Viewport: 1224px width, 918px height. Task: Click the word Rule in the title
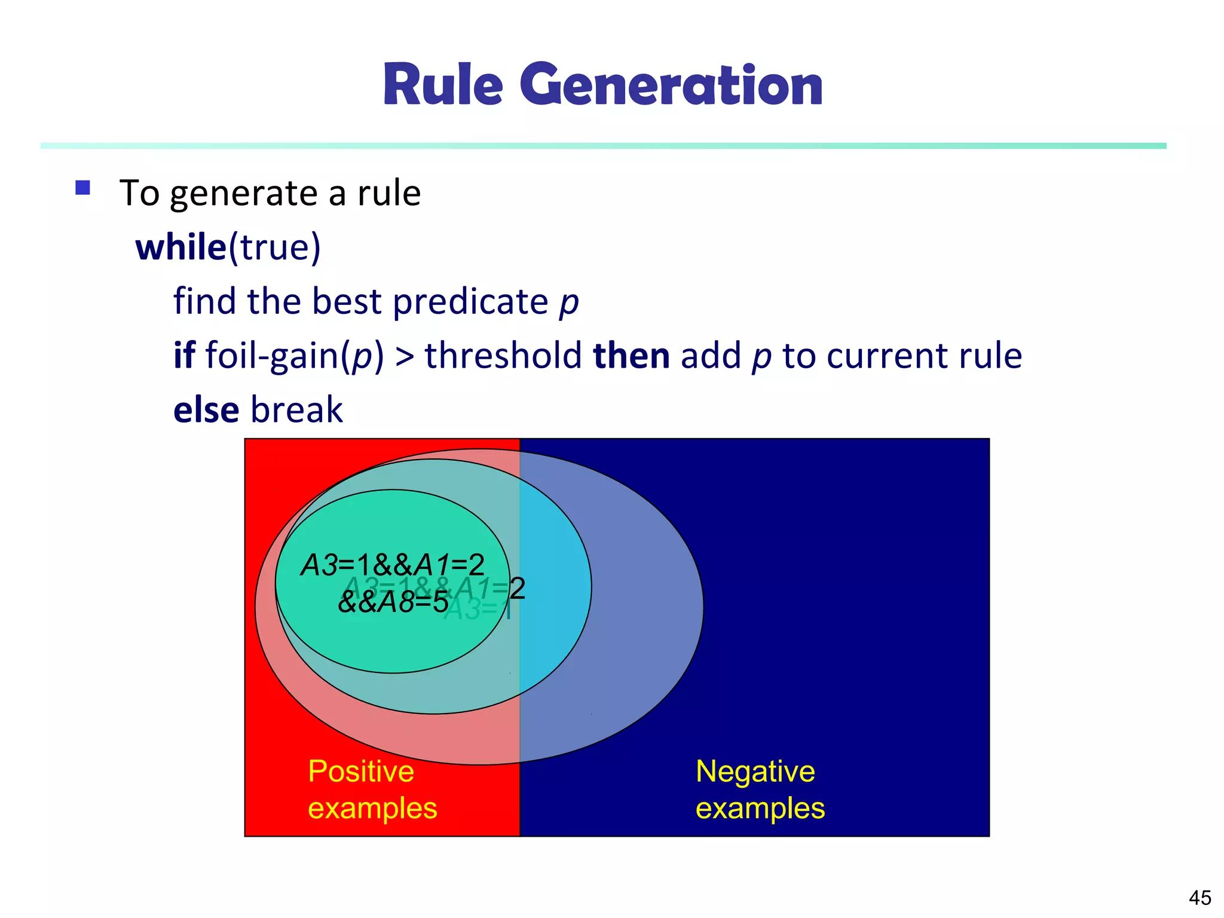tap(443, 85)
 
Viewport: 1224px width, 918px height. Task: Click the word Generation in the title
tap(671, 85)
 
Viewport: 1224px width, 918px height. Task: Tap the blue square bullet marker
tap(82, 188)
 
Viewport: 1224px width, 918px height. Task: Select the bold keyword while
tap(180, 247)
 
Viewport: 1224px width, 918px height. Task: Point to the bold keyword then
tap(631, 356)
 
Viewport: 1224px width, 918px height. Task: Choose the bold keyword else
tap(206, 410)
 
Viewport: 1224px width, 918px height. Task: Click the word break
tap(296, 410)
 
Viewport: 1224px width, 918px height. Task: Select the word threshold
tap(503, 356)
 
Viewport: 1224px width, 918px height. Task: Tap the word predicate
tap(470, 301)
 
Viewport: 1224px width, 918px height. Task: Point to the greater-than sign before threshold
tap(405, 357)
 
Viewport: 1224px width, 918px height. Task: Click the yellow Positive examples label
tap(372, 789)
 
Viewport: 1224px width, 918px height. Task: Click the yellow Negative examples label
tap(760, 789)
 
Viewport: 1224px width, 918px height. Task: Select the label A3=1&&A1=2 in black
tap(392, 565)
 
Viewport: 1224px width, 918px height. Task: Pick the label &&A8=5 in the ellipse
tap(393, 602)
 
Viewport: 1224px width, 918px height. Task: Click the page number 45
tap(1199, 897)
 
